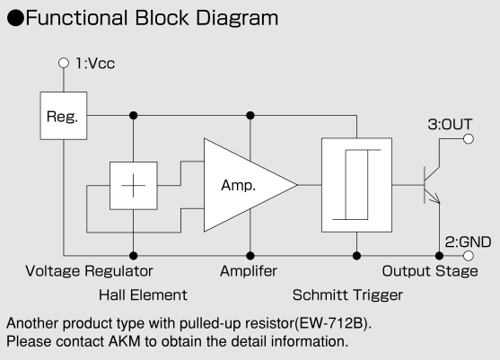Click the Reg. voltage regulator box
tap(64, 116)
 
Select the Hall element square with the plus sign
tap(134, 186)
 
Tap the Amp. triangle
tap(242, 185)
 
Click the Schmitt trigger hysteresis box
tap(357, 185)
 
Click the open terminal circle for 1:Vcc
tap(64, 63)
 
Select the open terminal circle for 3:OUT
tap(468, 139)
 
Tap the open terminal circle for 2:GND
tap(468, 256)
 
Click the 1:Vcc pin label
tap(95, 64)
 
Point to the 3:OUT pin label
tap(450, 125)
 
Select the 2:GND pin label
tap(468, 242)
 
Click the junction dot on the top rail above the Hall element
tap(134, 116)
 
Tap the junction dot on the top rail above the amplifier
tap(250, 116)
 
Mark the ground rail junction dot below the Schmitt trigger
tap(357, 256)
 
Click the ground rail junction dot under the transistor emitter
tap(440, 256)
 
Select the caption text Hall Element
tap(143, 295)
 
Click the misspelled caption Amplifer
tap(249, 271)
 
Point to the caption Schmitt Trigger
tap(347, 295)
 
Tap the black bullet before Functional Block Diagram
tap(15, 18)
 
